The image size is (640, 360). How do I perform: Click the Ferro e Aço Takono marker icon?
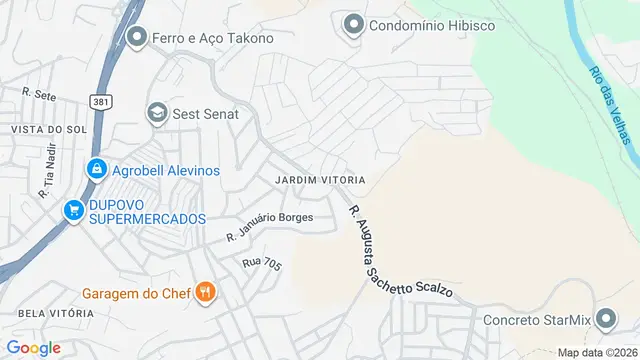point(138,37)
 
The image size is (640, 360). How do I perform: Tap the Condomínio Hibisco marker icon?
point(353,25)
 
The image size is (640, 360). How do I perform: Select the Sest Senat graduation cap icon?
point(157,113)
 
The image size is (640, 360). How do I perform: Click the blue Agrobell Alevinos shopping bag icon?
point(96,170)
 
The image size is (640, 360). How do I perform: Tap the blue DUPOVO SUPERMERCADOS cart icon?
point(73,210)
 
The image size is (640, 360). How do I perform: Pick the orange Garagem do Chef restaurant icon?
point(206,292)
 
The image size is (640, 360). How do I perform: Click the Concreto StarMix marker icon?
point(606,320)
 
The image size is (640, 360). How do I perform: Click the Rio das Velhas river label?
point(609,104)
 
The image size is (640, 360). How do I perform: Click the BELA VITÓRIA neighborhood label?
point(48,313)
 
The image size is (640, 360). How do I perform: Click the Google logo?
point(33,348)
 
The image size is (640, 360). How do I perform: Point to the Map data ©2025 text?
point(597,352)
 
